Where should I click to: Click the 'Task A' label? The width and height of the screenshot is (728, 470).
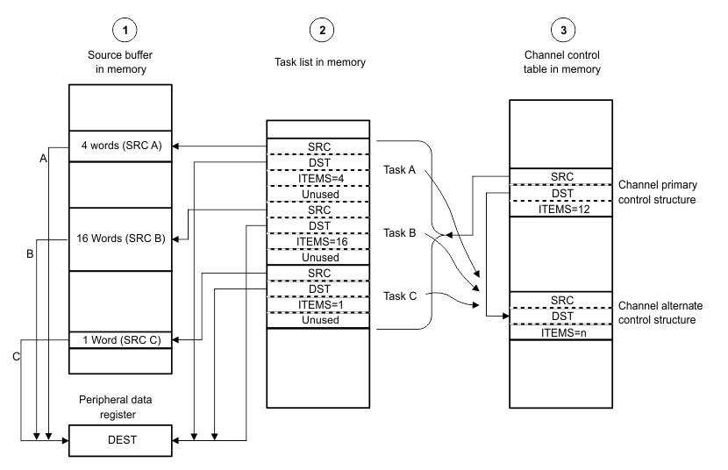coord(400,170)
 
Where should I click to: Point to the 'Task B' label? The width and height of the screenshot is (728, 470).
coord(400,233)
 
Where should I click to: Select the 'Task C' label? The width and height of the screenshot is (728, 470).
coord(400,296)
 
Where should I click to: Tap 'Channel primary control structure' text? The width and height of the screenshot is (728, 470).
coord(668,193)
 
